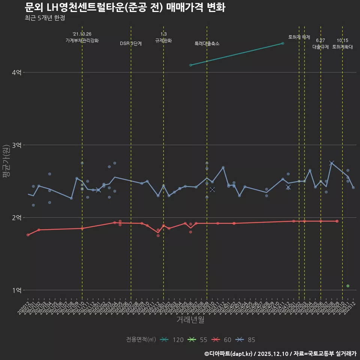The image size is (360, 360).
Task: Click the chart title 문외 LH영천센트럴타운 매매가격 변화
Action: point(125,7)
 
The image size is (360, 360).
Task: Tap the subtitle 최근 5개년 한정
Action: point(45,18)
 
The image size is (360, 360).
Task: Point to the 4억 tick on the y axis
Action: point(16,72)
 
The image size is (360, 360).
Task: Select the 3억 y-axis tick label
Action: point(16,145)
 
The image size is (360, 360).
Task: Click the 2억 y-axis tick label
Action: point(16,217)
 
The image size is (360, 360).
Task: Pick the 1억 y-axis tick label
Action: point(16,290)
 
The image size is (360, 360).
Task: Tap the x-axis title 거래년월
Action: point(190,320)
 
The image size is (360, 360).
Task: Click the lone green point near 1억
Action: point(348,286)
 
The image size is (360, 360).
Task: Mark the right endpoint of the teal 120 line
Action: point(282,43)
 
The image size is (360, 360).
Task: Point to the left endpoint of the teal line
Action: point(190,65)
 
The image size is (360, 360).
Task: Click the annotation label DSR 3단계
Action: point(131,43)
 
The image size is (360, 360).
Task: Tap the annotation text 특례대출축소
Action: point(207,43)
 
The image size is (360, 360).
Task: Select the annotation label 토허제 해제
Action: point(299,37)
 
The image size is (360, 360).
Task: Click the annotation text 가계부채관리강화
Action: point(82,40)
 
